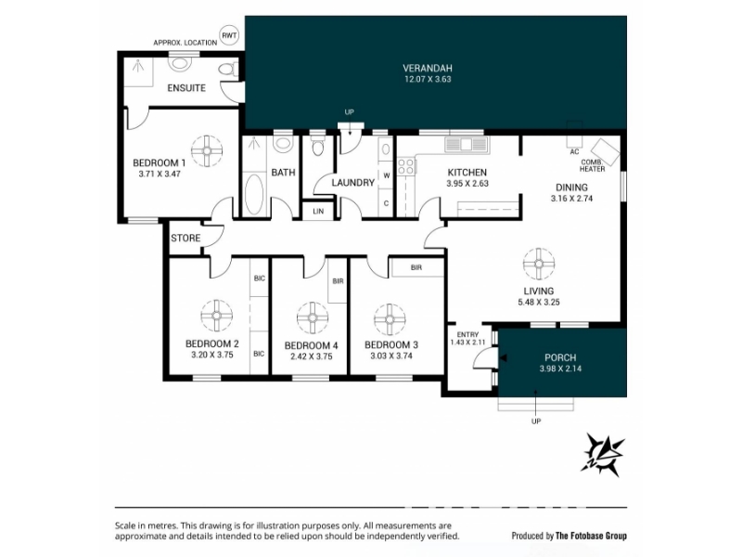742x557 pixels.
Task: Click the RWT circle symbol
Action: (x=230, y=35)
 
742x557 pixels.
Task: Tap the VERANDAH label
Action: (x=428, y=68)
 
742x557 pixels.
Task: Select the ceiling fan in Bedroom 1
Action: (x=207, y=151)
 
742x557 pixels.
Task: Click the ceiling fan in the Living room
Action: (x=539, y=264)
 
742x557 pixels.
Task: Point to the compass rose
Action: (x=602, y=454)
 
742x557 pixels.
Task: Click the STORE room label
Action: (x=185, y=238)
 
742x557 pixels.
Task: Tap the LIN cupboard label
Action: (x=318, y=212)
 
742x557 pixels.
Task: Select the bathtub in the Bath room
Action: (x=254, y=195)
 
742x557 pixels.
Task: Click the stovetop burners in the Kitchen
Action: (x=406, y=166)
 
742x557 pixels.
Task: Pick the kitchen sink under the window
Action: (x=466, y=145)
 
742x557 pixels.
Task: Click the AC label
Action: (x=574, y=152)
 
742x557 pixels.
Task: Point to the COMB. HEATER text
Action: (x=592, y=165)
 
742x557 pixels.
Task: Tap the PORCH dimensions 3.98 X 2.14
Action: (x=560, y=369)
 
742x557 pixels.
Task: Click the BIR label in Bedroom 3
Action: (x=416, y=267)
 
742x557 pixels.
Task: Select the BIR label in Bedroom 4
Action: (x=338, y=281)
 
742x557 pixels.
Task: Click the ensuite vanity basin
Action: (x=180, y=63)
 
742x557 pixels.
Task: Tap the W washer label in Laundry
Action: (x=387, y=175)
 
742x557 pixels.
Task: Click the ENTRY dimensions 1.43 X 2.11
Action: (x=467, y=342)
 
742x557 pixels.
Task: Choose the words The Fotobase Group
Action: (x=591, y=536)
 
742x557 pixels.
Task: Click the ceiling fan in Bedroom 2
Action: (x=216, y=316)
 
